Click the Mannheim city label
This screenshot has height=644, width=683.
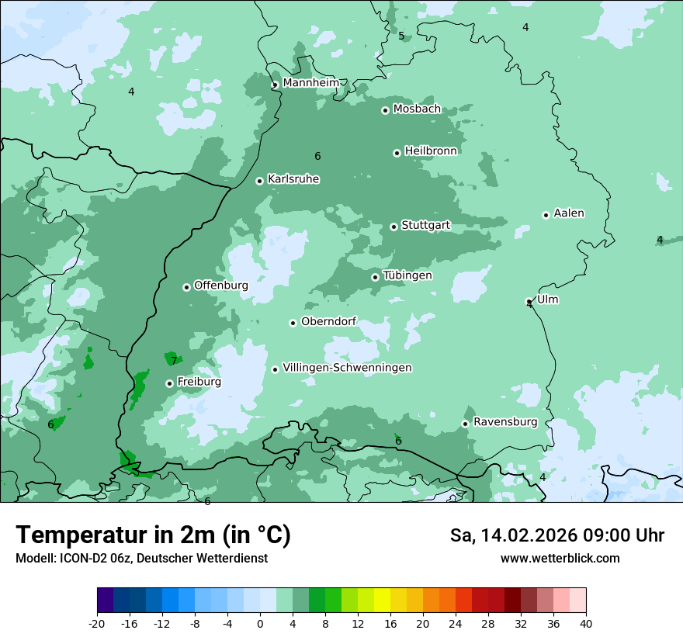tap(310, 83)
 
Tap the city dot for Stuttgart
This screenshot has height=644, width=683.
tap(394, 227)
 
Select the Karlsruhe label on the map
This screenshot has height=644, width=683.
tap(293, 179)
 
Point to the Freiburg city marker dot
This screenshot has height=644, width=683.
tap(169, 383)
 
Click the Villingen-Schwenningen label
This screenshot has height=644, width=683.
tap(347, 368)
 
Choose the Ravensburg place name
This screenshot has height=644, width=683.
tap(505, 422)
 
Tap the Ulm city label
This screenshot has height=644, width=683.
tap(547, 299)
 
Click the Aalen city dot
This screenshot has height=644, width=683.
tap(546, 215)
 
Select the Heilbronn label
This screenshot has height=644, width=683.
tap(431, 151)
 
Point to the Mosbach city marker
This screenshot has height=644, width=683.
tap(385, 110)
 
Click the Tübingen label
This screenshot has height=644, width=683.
tap(407, 275)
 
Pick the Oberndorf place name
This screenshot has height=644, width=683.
tap(328, 321)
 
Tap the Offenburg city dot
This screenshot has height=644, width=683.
tap(186, 287)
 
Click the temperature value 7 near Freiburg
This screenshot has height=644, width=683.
tap(174, 360)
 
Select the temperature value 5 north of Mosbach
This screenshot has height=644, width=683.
tap(401, 36)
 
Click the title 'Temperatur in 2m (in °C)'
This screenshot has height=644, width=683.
tap(153, 535)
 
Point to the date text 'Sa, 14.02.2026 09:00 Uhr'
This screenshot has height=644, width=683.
tap(556, 535)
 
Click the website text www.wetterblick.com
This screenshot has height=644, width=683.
tap(560, 559)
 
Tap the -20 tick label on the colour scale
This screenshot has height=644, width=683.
tap(97, 623)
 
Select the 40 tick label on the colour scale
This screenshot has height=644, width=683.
tap(586, 623)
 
